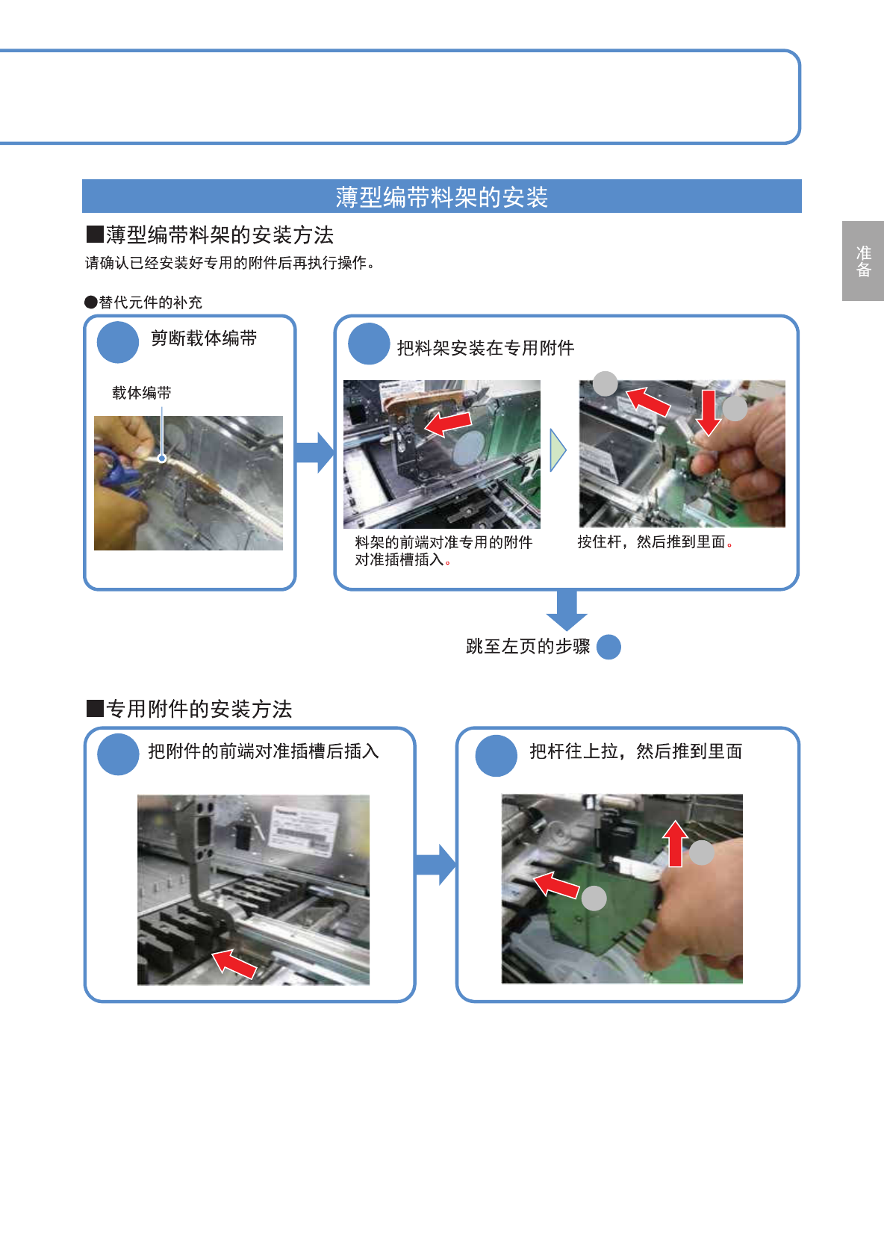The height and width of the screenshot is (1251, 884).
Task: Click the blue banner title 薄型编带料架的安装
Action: click(442, 197)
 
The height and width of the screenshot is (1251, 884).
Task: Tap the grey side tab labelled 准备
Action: click(863, 261)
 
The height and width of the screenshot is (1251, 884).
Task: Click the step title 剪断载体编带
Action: click(204, 338)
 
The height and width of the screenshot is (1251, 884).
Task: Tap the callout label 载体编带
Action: click(141, 393)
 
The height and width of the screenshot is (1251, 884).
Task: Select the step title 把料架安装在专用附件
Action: click(485, 348)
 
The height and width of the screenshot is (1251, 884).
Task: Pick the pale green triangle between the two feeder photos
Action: click(558, 450)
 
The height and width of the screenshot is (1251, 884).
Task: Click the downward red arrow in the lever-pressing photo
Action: click(708, 412)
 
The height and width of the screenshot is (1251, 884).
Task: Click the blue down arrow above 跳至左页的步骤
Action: click(567, 610)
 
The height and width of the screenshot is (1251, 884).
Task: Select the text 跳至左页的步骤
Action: click(528, 646)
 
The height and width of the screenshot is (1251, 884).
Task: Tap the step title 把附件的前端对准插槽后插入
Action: click(264, 751)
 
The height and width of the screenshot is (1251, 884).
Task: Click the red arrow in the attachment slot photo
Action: click(234, 963)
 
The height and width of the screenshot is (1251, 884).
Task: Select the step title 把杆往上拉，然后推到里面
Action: click(636, 751)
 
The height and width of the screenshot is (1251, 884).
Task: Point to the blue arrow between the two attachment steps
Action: click(436, 865)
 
